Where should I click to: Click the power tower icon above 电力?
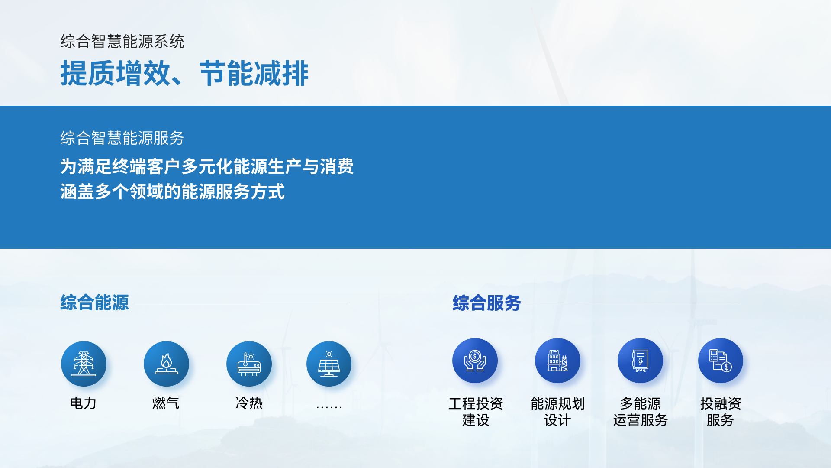click(84, 364)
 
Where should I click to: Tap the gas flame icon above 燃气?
click(166, 364)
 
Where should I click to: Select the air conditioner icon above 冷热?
click(249, 364)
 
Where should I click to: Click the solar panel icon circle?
click(329, 364)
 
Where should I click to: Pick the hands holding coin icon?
click(475, 361)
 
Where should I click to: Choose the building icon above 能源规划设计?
click(557, 361)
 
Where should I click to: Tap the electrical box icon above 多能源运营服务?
click(640, 361)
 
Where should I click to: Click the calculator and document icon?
click(721, 361)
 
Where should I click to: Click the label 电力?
click(83, 403)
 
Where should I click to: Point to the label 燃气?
click(166, 403)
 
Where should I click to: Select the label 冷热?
click(249, 403)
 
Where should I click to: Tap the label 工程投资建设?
click(476, 412)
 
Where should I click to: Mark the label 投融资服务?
click(721, 412)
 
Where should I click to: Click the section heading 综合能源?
click(94, 302)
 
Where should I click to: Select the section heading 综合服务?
click(486, 303)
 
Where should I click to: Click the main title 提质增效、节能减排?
click(184, 73)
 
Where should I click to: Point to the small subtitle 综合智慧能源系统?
click(122, 42)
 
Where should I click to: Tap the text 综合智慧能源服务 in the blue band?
click(122, 138)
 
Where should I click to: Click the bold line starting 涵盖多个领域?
click(172, 192)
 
